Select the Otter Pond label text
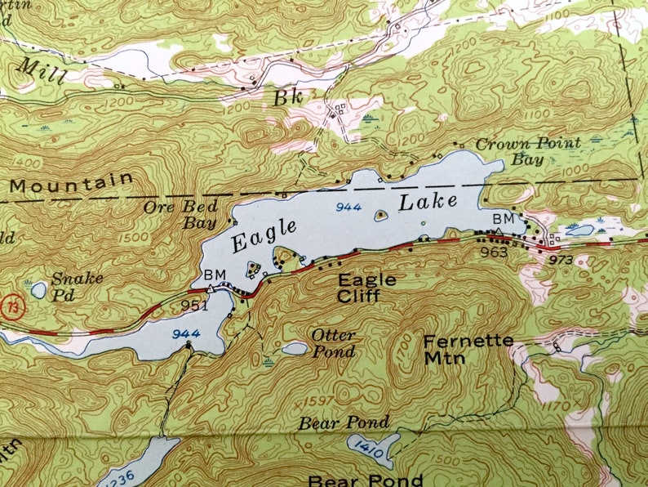(x=333, y=343)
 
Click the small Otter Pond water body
(x=295, y=349)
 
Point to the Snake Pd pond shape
(x=38, y=289)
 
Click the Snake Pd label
(x=77, y=284)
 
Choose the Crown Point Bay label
(x=528, y=151)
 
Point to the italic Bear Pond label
(x=344, y=422)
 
